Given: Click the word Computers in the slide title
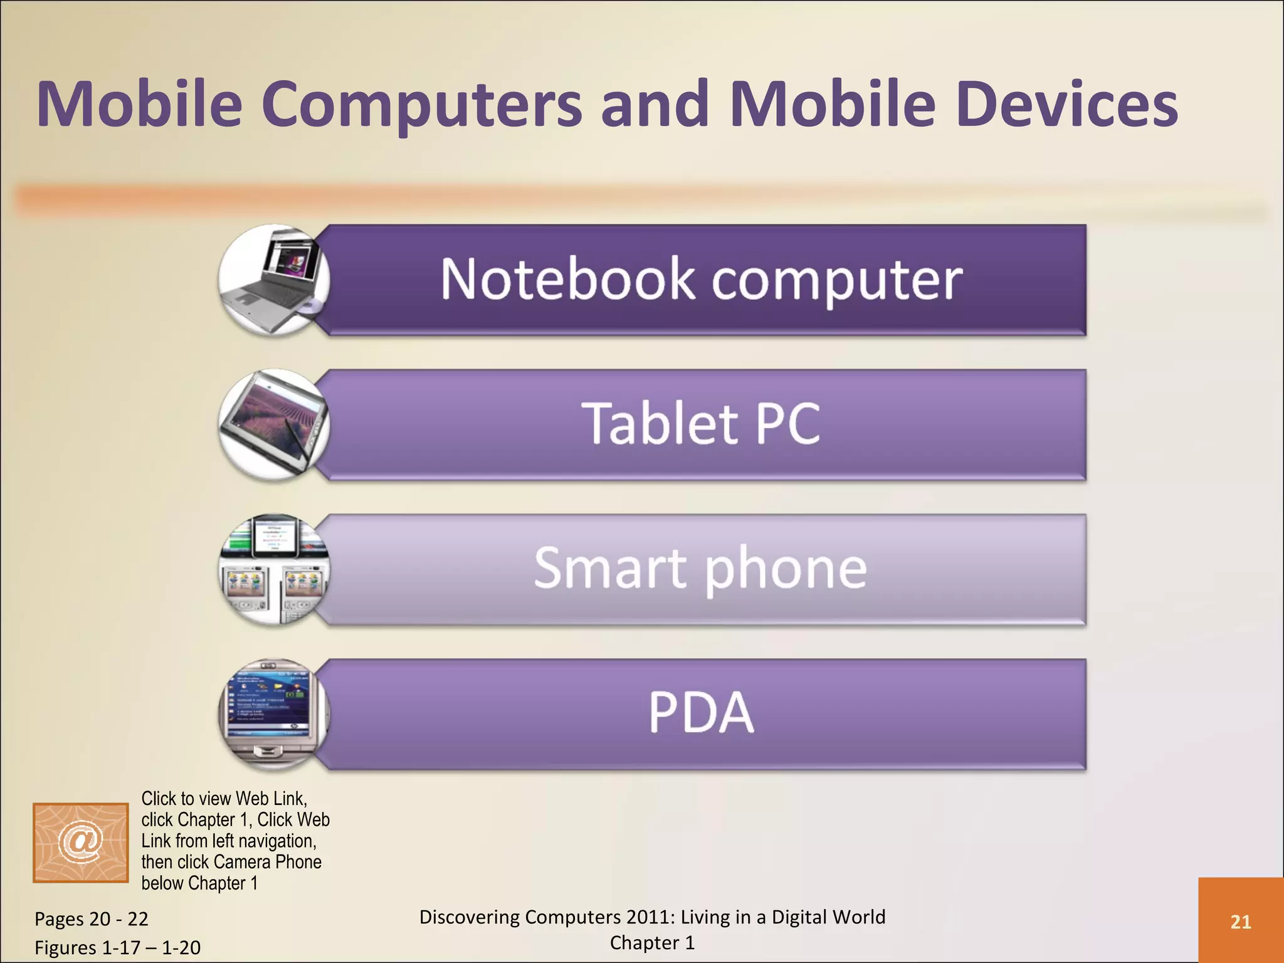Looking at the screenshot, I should [x=421, y=105].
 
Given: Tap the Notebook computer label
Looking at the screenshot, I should [x=701, y=280].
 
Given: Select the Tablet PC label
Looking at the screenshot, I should [x=701, y=424].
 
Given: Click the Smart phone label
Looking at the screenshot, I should [x=701, y=569].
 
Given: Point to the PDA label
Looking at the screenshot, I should [x=701, y=713].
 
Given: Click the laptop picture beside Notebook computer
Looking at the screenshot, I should [x=274, y=280].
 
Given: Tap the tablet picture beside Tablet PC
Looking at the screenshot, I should [x=274, y=424].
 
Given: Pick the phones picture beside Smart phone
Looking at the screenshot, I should [x=274, y=569].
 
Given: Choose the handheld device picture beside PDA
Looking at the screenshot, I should [x=274, y=713].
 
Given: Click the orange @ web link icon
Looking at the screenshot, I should [x=81, y=842].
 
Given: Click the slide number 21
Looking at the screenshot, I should [x=1241, y=922].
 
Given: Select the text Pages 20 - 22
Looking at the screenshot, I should [x=92, y=919].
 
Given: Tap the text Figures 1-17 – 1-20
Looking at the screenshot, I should [x=117, y=947].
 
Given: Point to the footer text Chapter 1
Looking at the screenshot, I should [x=652, y=943].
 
